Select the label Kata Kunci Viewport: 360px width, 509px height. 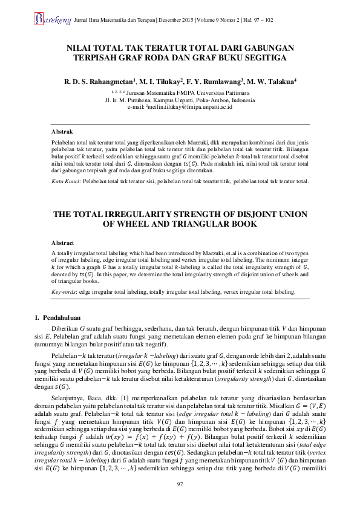pyautogui.click(x=65, y=181)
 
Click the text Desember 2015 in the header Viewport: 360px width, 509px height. pyautogui.click(x=175, y=21)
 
